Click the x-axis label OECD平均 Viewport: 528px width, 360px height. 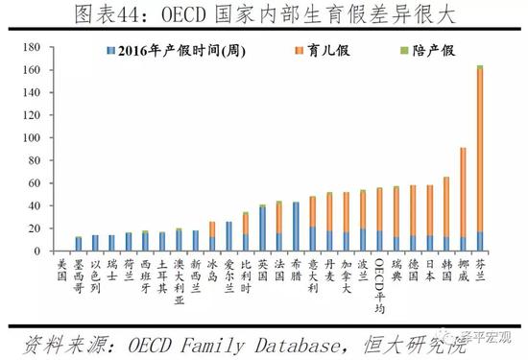pos(379,279)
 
